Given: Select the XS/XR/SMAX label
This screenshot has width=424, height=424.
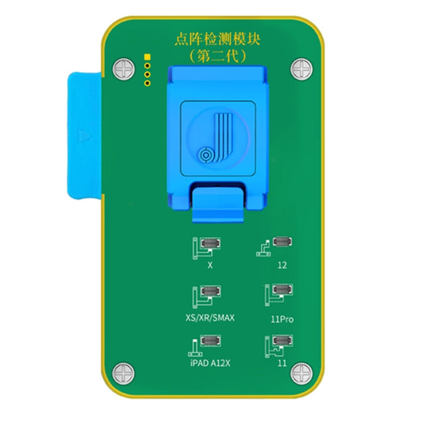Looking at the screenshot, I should (210, 317).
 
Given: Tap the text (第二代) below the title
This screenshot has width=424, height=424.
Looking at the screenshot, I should (211, 58).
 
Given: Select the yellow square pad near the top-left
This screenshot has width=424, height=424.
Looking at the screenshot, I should (146, 58).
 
